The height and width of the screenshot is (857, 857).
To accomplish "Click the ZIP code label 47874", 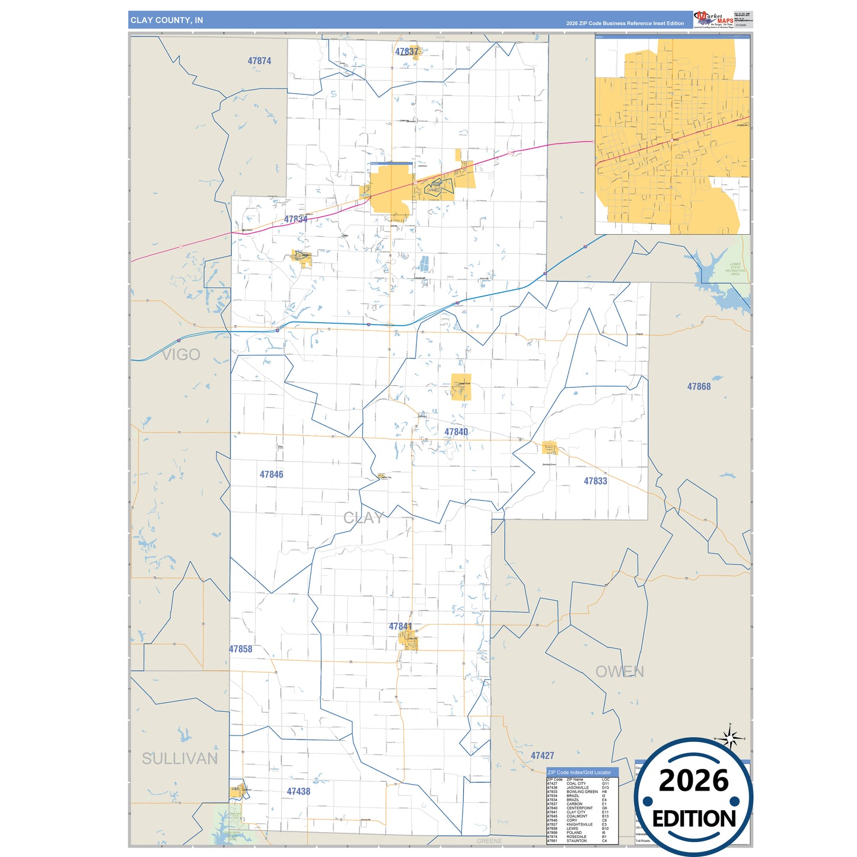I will tap(259, 60).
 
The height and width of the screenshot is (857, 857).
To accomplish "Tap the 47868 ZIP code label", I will tap(699, 387).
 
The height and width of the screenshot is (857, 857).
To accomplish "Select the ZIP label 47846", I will tap(271, 474).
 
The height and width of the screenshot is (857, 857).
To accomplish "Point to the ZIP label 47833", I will tap(595, 481).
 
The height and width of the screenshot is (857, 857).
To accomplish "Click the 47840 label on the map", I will tap(456, 432).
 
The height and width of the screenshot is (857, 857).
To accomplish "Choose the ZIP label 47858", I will tap(241, 649).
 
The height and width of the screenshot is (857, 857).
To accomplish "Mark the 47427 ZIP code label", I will tap(542, 756).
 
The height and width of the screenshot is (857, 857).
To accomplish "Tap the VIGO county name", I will tap(181, 355).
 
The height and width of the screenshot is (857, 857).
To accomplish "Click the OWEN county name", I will tap(619, 671).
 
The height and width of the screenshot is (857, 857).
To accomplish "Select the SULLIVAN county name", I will tap(180, 759).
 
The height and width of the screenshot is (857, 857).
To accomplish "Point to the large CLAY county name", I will tap(364, 518).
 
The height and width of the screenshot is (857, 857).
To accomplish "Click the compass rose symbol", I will tap(731, 738).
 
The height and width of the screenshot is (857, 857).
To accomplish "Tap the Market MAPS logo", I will tap(713, 19).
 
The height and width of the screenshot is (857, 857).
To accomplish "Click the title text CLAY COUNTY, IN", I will tap(167, 20).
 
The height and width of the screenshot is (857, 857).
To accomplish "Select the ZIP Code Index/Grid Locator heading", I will tap(579, 772).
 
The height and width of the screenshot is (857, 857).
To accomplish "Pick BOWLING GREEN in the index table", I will tap(582, 792).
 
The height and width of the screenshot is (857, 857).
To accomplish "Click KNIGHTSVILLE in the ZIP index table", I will tap(579, 824).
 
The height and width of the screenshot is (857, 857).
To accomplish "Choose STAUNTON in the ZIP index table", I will tap(576, 841).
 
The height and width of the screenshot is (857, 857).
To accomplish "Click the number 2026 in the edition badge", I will tap(693, 780).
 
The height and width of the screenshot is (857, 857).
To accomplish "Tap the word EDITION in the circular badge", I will tap(693, 819).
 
